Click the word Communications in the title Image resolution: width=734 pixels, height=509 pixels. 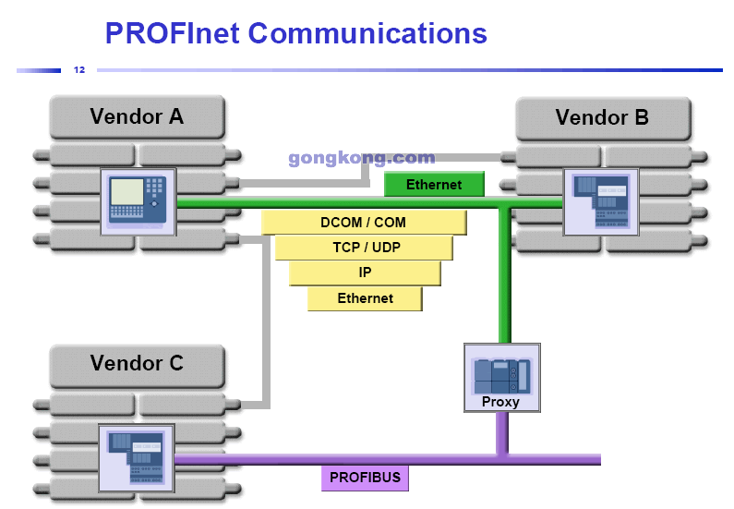click(367, 33)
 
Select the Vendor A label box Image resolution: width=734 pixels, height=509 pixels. click(137, 117)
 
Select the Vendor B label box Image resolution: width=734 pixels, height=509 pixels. click(602, 118)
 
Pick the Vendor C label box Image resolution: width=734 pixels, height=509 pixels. click(137, 364)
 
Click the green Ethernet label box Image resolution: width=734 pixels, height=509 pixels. click(434, 185)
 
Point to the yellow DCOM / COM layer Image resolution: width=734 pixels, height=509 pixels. click(363, 223)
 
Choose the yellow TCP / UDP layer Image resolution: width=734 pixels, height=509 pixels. click(363, 248)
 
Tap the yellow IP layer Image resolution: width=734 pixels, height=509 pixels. click(365, 273)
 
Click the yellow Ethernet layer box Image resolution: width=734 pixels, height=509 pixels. click(365, 298)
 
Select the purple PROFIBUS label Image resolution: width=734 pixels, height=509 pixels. click(366, 478)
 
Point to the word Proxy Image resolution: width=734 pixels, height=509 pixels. click(500, 402)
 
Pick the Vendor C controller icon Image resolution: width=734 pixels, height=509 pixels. click(137, 456)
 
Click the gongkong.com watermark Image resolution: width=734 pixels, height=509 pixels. click(361, 158)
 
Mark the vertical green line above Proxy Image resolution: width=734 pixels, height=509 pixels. click(504, 277)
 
